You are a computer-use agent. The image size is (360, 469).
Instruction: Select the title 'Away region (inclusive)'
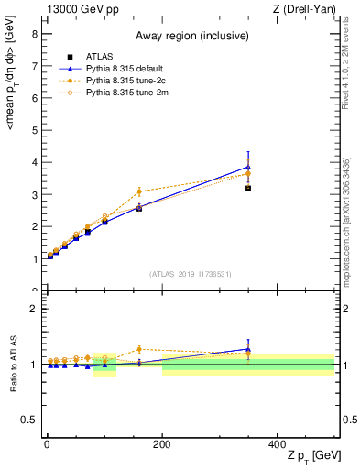coord(189,36)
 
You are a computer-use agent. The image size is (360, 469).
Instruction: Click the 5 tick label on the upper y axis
coord(33,130)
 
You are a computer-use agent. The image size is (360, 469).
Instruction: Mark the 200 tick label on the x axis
coord(161,442)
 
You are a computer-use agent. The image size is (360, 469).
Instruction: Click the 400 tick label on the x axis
coord(277,442)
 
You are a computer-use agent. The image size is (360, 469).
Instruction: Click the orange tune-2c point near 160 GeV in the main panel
coord(139,191)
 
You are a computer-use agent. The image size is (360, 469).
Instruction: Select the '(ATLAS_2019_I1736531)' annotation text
coord(189,273)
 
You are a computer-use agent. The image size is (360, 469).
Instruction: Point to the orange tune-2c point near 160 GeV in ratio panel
coord(139,349)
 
